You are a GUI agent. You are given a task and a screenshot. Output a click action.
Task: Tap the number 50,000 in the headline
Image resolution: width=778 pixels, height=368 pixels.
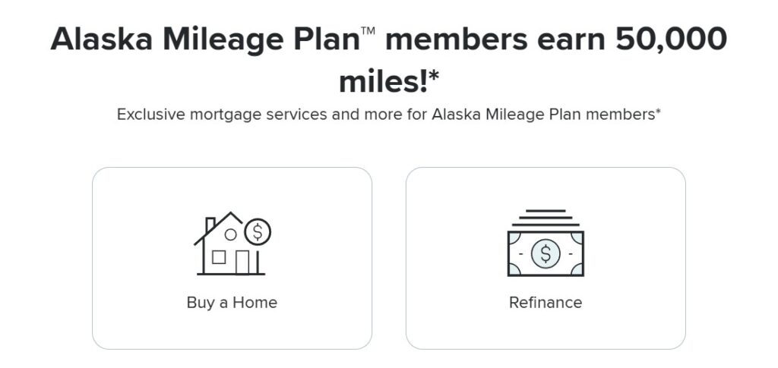tap(671, 39)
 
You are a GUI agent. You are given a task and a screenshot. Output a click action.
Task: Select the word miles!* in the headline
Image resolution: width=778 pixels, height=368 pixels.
tap(389, 80)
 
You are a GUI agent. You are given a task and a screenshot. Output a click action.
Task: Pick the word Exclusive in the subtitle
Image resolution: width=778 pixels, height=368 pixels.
tap(154, 115)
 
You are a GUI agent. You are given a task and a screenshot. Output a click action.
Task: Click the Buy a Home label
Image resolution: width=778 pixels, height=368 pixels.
tap(232, 303)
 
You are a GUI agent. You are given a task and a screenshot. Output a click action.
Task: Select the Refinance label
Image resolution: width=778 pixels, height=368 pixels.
tap(546, 303)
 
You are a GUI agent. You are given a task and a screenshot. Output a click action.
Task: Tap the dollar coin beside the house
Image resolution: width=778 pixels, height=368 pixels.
tap(258, 231)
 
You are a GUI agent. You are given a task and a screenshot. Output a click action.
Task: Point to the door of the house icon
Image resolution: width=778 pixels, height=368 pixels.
tap(242, 261)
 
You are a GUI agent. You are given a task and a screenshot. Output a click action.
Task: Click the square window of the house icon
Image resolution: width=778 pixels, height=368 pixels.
tap(219, 257)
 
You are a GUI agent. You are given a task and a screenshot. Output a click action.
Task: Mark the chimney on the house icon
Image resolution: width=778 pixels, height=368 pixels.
tap(210, 224)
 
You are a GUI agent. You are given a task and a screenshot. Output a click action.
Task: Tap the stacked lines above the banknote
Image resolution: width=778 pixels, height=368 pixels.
tap(546, 217)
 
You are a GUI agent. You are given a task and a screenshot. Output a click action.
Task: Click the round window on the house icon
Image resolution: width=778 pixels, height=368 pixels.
tap(230, 234)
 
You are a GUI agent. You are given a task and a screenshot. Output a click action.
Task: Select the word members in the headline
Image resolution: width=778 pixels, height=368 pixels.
tap(458, 39)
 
